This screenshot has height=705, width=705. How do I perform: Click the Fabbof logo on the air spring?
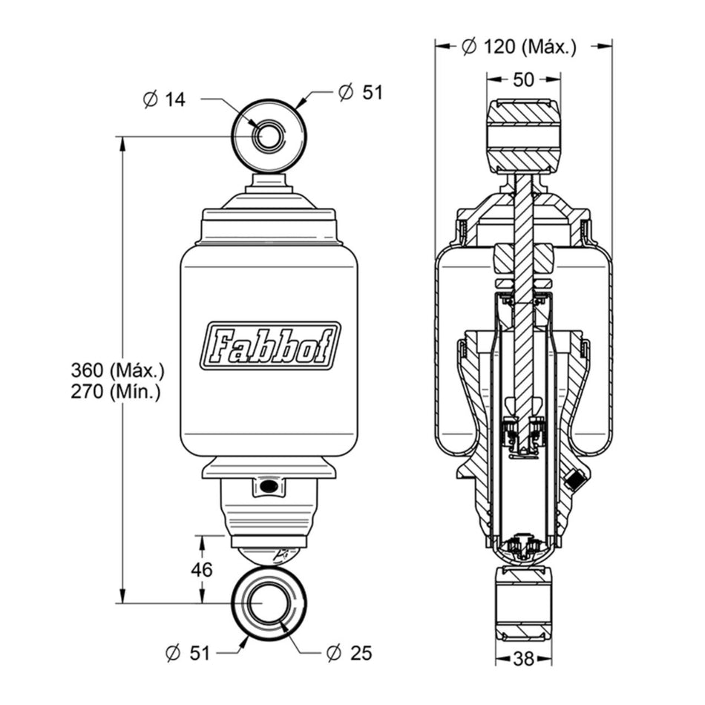pyautogui.click(x=270, y=346)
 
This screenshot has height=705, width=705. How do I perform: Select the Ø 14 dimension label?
pyautogui.click(x=164, y=99)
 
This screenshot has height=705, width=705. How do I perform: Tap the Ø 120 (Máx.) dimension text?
pyautogui.click(x=519, y=46)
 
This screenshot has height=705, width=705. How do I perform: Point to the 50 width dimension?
pyautogui.click(x=523, y=79)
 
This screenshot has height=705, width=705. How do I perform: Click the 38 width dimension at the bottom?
pyautogui.click(x=523, y=659)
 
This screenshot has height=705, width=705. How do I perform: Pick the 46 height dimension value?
pyautogui.click(x=201, y=570)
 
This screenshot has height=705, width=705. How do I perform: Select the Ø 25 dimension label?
pyautogui.click(x=350, y=653)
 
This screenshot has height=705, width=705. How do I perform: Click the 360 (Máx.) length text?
pyautogui.click(x=118, y=371)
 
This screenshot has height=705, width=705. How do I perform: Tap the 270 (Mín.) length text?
pyautogui.click(x=116, y=393)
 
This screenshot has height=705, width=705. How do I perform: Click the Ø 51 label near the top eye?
pyautogui.click(x=361, y=93)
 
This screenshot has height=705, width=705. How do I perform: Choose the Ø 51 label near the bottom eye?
pyautogui.click(x=188, y=653)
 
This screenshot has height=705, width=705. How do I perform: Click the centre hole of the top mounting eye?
pyautogui.click(x=269, y=136)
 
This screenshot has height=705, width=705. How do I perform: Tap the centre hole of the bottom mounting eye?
pyautogui.click(x=269, y=603)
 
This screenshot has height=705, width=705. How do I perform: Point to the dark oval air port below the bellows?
pyautogui.click(x=269, y=485)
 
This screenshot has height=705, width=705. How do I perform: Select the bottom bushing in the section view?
pyautogui.click(x=523, y=603)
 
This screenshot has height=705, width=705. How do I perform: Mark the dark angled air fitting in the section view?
pyautogui.click(x=573, y=479)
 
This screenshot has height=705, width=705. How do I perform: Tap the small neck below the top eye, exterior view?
pyautogui.click(x=269, y=183)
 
